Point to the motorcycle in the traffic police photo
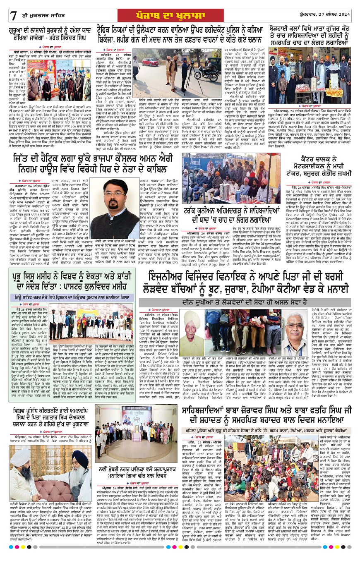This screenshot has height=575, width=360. pyautogui.click(x=215, y=75)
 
